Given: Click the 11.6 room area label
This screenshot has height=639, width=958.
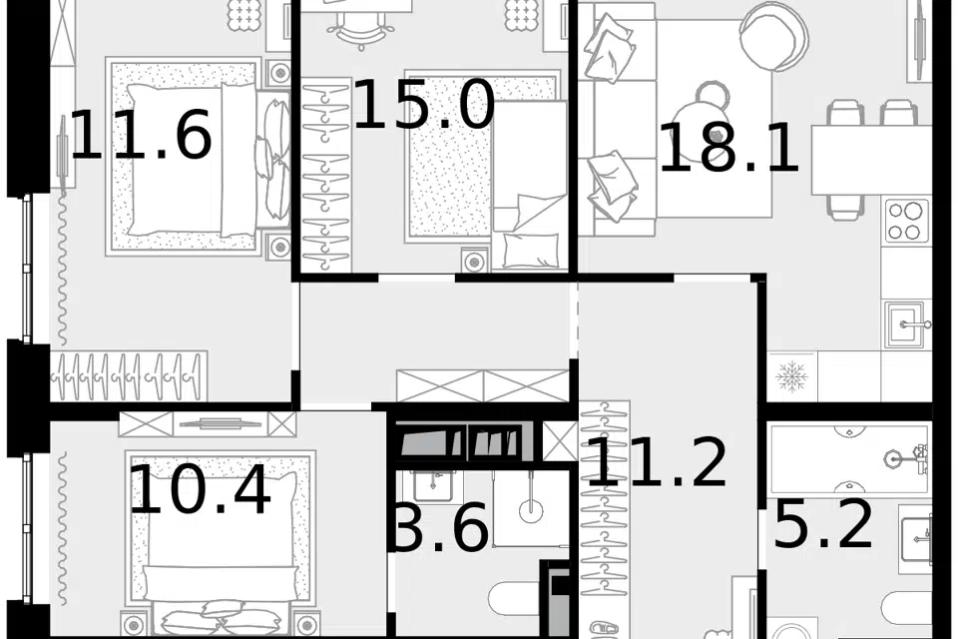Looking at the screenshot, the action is [x=141, y=135].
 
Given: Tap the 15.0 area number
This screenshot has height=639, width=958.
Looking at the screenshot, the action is [x=423, y=105].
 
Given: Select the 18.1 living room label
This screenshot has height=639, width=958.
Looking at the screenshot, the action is [x=728, y=148].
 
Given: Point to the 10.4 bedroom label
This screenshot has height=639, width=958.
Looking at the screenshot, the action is [x=200, y=490].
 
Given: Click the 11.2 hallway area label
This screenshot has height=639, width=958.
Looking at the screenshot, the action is [x=657, y=462].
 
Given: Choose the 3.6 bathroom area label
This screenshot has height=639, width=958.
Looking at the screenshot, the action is [x=441, y=527].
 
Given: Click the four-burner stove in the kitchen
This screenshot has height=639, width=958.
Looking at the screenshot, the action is [x=905, y=221].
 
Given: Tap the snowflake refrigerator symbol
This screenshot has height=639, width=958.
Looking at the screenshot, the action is [x=791, y=376].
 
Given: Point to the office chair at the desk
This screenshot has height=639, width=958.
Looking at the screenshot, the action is [x=358, y=29].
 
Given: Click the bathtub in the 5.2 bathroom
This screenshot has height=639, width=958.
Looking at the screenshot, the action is [x=851, y=458].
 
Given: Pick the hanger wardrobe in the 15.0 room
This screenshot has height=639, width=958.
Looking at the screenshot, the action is [x=327, y=175].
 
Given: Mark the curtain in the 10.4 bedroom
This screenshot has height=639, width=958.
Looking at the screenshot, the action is [x=61, y=526].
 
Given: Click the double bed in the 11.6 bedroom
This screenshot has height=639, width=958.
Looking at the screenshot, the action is [x=200, y=157].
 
